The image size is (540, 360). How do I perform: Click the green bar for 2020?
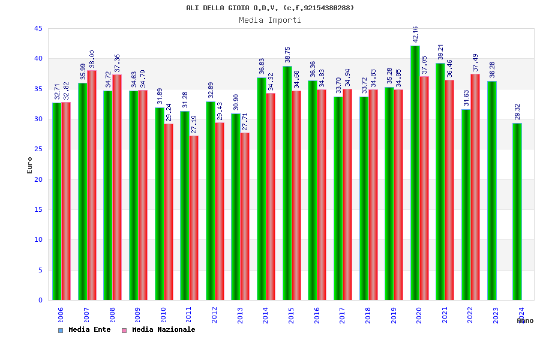click(415, 173)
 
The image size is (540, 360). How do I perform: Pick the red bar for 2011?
click(194, 218)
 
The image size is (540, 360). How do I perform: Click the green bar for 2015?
click(287, 183)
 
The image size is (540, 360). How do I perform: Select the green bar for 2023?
click(492, 190)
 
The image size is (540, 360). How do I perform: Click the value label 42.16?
click(415, 35)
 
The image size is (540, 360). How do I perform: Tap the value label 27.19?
click(194, 124)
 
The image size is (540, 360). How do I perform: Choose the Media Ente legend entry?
click(85, 329)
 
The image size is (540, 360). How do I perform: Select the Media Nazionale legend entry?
click(158, 329)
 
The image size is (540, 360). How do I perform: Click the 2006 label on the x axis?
click(61, 315)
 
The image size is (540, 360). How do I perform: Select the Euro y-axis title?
click(30, 165)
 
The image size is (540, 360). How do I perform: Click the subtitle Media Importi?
click(270, 20)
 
